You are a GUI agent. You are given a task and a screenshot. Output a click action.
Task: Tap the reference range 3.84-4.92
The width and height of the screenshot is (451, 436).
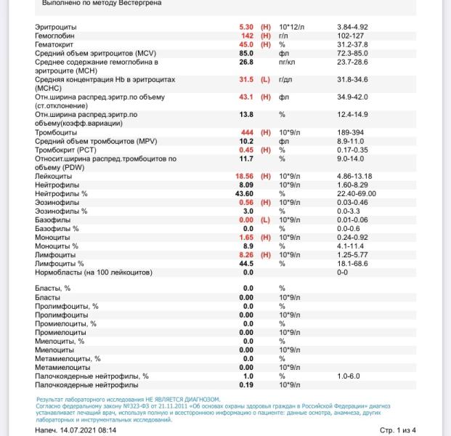352,27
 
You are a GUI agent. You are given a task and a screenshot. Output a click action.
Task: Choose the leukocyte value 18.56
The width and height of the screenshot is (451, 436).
243,176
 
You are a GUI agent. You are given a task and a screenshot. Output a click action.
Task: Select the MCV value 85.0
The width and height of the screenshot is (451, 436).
245,53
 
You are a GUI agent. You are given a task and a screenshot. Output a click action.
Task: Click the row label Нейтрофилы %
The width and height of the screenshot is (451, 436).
61,193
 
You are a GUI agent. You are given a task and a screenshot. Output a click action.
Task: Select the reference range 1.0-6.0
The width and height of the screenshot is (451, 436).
348,376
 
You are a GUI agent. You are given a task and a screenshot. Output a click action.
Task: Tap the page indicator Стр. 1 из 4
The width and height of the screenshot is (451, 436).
398,430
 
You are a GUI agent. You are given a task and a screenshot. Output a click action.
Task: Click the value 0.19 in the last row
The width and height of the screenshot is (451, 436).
246,384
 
